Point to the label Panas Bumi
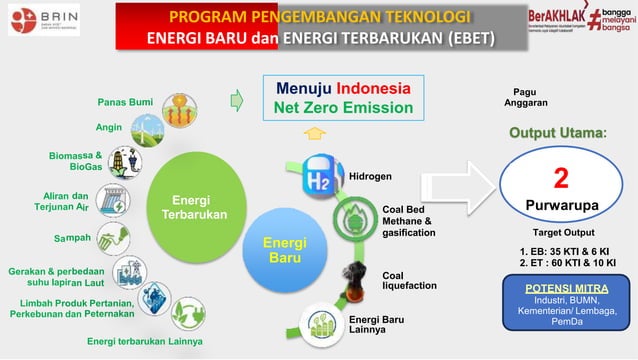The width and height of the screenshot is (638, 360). (125, 102)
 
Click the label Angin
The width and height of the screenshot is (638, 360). (109, 127)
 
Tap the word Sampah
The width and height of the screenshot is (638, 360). (71, 238)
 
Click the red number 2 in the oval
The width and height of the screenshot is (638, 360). (561, 178)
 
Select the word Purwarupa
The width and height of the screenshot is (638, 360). (561, 205)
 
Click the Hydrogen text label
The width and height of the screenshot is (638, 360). (370, 177)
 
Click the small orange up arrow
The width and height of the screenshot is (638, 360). (314, 133)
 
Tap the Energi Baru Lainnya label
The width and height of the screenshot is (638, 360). (377, 326)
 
